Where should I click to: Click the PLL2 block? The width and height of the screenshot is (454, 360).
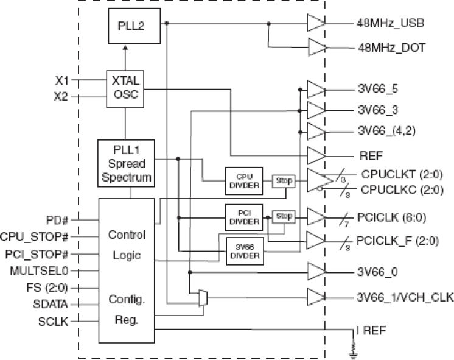134,26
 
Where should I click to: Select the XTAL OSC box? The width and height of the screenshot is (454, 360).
125,90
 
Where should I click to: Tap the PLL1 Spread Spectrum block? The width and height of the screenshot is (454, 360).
126,163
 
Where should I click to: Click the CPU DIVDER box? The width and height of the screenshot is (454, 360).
244,181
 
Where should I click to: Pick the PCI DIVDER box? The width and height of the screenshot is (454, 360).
244,217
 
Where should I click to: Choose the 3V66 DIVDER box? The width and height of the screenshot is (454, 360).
245,252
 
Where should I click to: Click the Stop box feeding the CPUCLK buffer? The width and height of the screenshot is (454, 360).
284,181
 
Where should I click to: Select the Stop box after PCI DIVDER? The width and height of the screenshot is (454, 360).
284,216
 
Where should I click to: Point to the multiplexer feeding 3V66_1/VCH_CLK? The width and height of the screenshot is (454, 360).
203,298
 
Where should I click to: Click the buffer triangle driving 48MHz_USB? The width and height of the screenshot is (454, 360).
316,23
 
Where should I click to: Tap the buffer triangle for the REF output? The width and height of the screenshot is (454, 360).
316,156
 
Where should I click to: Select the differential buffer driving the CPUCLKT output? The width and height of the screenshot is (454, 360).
320,181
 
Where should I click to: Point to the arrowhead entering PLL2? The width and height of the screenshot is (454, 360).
125,48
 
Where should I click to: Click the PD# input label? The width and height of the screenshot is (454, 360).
57,221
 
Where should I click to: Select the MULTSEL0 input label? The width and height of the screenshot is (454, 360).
39,271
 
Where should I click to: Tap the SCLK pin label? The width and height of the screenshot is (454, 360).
54,322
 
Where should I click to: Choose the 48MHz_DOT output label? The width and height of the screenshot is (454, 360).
392,48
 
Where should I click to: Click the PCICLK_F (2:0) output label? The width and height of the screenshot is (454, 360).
397,241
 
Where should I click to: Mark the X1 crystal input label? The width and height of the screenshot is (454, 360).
62,80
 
